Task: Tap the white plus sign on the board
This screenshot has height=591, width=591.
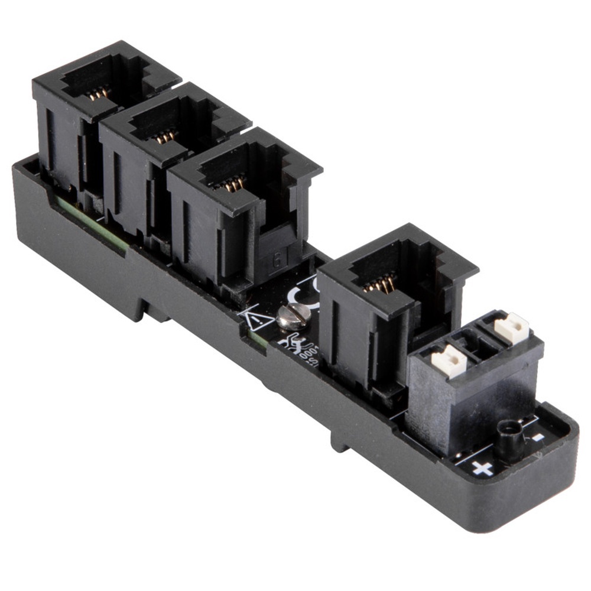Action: (x=482, y=469)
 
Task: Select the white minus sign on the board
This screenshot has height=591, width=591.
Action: (x=537, y=437)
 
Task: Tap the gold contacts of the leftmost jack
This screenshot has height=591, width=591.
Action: (x=98, y=93)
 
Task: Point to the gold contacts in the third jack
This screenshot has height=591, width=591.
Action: (x=233, y=184)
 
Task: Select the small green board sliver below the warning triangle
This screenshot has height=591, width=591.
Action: (x=256, y=340)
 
